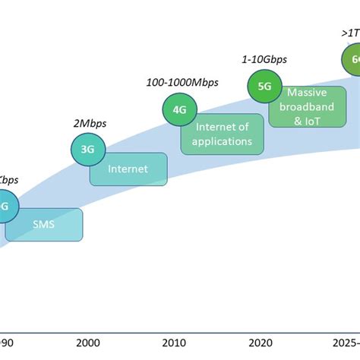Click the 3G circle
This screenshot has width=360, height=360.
[x=87, y=149]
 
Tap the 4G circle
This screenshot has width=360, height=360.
[x=179, y=110]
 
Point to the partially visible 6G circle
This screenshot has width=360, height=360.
[x=351, y=59]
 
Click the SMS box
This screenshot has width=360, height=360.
[x=44, y=225]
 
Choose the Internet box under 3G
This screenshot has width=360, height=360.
[x=128, y=169]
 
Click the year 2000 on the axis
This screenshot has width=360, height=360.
[x=88, y=343]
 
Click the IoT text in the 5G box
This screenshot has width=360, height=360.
[x=315, y=120]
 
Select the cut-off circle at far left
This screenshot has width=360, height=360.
[x=4, y=206]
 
